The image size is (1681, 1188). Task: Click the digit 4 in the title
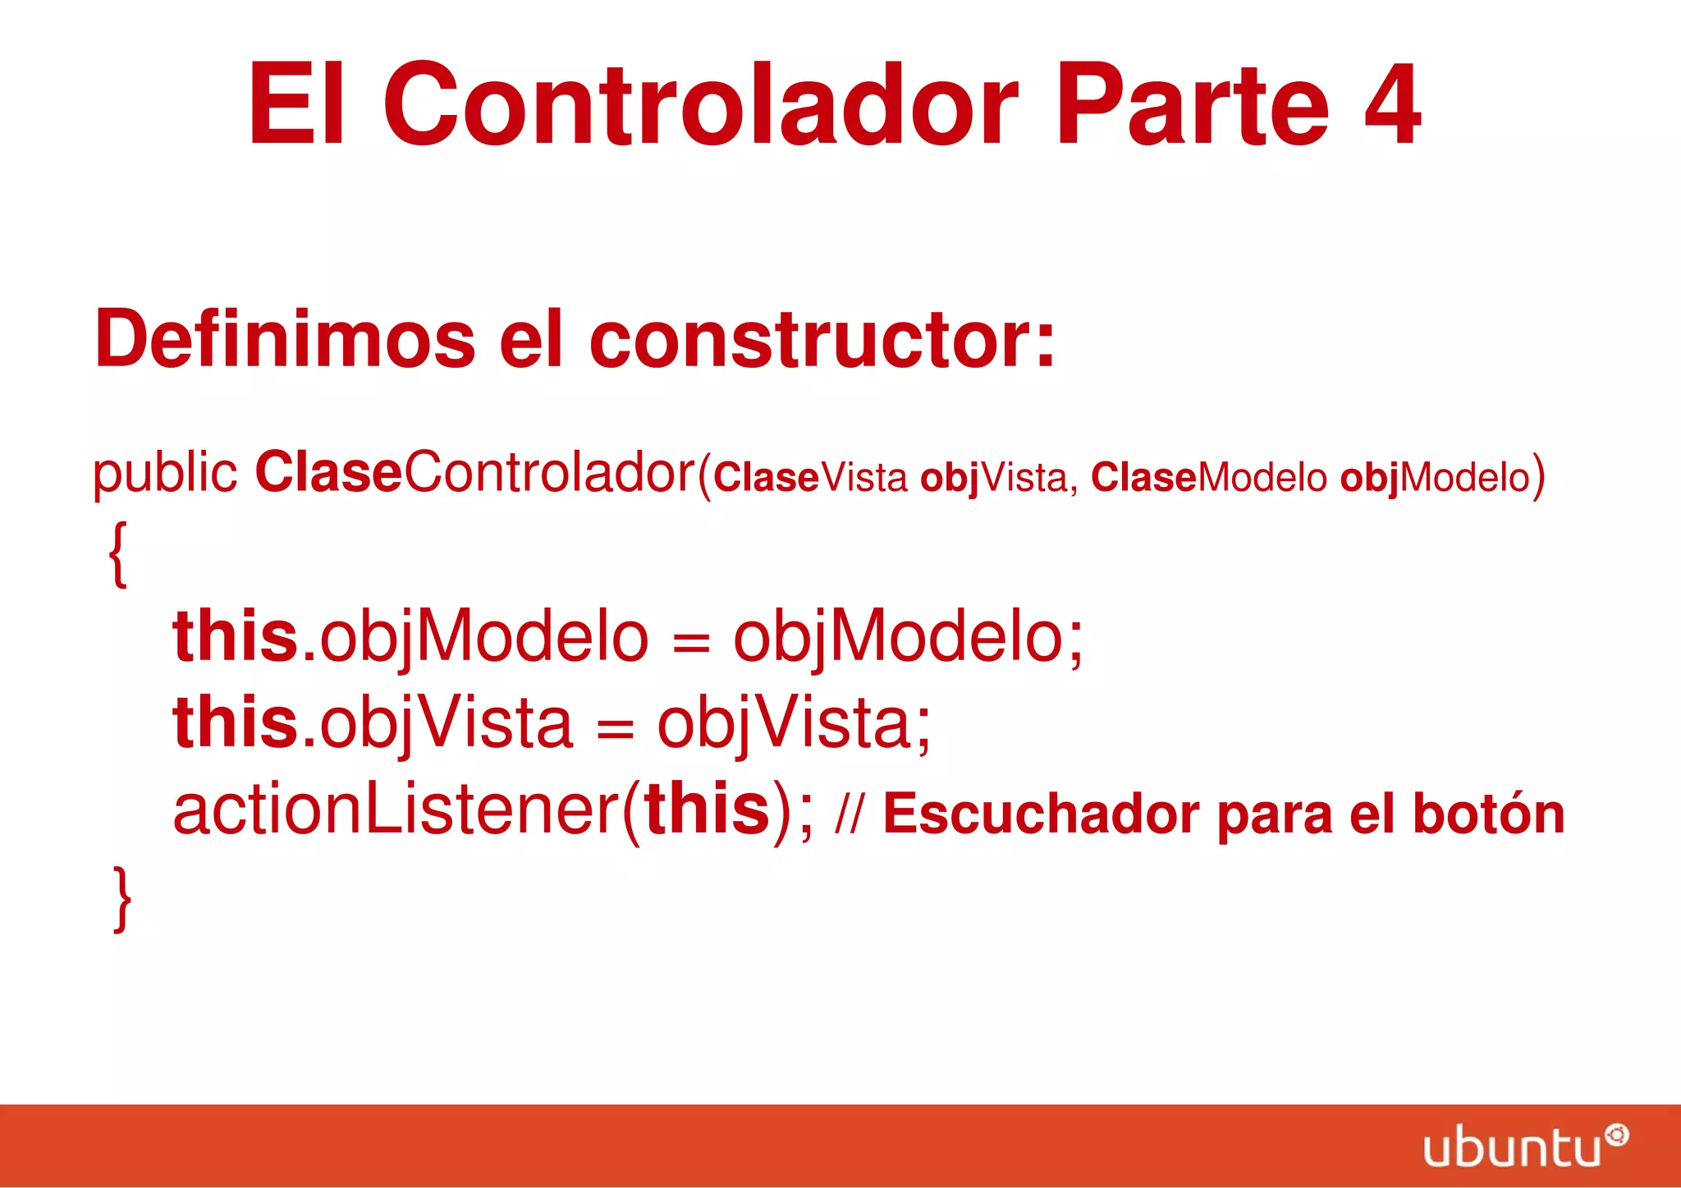(x=1392, y=105)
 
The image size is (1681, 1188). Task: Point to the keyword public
(x=164, y=474)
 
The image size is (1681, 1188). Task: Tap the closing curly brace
(x=121, y=898)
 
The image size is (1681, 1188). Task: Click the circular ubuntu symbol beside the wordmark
(x=1617, y=1135)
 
